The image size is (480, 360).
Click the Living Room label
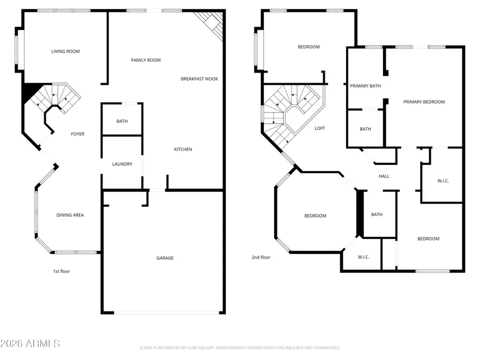point(65,52)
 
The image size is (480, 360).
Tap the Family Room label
point(146,60)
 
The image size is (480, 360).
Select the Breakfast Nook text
point(199,79)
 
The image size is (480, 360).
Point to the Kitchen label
point(183,149)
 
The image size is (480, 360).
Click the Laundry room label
point(122,164)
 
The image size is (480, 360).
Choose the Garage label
point(165,258)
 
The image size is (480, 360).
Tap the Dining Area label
point(70,215)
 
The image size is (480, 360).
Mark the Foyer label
point(78,134)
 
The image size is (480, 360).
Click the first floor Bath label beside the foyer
point(122,122)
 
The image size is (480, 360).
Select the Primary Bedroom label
point(424,102)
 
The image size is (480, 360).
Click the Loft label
point(319,129)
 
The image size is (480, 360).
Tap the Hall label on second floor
point(384,177)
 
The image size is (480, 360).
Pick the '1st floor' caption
point(61,271)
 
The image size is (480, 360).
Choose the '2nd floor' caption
point(261,258)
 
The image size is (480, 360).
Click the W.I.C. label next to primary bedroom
point(443,181)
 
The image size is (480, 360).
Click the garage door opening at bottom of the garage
point(168,313)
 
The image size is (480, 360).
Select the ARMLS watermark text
point(30,343)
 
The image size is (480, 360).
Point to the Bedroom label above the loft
point(308,47)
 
